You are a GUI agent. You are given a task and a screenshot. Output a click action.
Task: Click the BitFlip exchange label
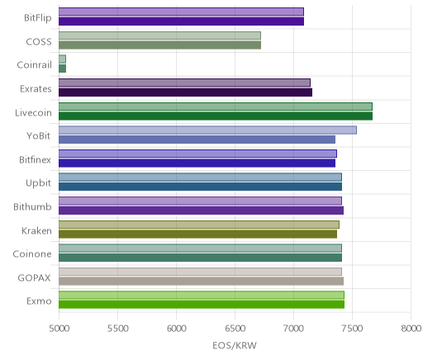(x=38, y=18)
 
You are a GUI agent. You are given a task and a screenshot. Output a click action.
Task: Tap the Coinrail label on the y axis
(x=34, y=65)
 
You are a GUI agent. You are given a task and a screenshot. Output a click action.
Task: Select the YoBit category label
(x=38, y=136)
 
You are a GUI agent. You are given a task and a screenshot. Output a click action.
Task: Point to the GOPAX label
(x=34, y=278)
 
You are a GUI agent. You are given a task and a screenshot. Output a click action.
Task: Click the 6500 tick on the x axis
(x=235, y=329)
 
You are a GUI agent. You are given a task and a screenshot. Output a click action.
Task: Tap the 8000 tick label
(x=411, y=329)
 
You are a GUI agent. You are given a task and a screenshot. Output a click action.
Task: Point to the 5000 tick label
(x=59, y=329)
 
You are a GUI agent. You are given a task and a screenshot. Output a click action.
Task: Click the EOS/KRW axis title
(x=235, y=345)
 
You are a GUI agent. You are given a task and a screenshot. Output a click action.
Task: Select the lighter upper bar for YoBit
(x=207, y=130)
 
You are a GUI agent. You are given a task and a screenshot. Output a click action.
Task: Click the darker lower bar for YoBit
(x=197, y=140)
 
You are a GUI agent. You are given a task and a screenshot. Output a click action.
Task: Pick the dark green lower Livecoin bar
(x=216, y=116)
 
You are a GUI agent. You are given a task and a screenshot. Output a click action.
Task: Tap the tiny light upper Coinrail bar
(x=62, y=59)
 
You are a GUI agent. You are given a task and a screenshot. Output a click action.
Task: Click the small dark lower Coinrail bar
(x=62, y=69)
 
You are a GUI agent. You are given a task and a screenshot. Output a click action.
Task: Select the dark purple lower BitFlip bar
(x=181, y=21)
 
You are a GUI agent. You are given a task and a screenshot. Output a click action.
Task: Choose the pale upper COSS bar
(x=159, y=36)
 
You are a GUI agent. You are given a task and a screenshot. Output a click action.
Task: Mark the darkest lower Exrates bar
(x=185, y=92)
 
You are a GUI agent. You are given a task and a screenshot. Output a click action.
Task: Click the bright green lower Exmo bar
(x=202, y=305)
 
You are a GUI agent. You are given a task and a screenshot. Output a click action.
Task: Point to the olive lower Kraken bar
(x=197, y=234)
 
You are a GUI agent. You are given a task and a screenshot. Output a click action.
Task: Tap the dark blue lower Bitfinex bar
(x=197, y=163)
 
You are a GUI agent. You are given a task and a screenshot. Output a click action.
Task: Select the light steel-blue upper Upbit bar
(x=200, y=178)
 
